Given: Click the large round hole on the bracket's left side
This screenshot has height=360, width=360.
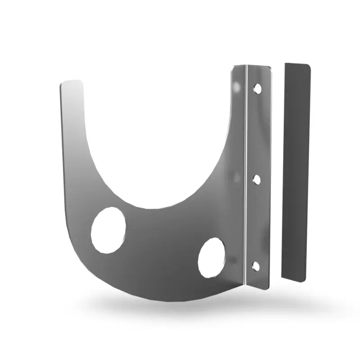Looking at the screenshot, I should (108, 229).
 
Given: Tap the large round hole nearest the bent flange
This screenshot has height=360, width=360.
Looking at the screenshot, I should (211, 257).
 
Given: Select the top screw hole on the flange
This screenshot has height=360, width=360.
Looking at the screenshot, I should (257, 88).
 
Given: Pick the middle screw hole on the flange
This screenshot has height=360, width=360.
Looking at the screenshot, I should (256, 180).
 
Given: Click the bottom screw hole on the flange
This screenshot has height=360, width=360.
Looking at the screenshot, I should (256, 266).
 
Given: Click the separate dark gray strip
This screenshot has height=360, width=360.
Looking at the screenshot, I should (296, 171).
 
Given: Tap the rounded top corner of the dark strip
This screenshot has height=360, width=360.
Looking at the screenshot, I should (307, 67).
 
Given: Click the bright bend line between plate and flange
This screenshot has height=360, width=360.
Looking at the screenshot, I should (245, 180).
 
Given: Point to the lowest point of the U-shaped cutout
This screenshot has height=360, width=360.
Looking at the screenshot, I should (148, 208).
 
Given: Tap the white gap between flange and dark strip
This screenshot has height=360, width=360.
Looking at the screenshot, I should (278, 171).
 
